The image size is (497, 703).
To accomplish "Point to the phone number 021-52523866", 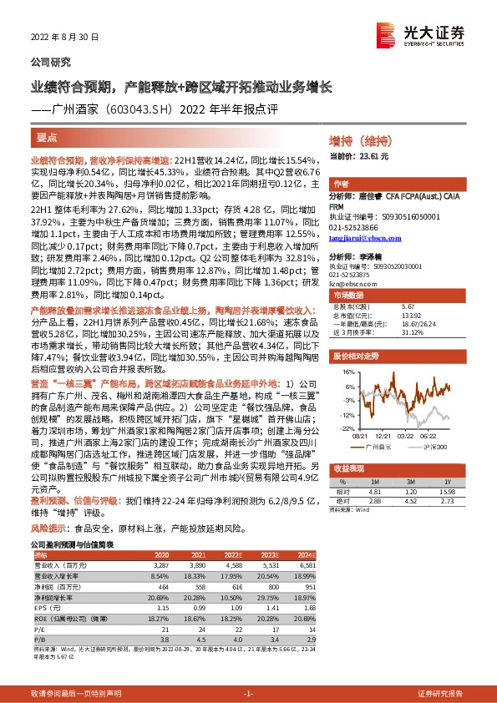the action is pyautogui.click(x=354, y=227).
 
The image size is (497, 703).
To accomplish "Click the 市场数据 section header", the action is pyautogui.click(x=350, y=296).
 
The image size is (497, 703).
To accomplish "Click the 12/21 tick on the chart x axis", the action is pyautogui.click(x=383, y=436).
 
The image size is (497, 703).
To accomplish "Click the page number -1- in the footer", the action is pyautogui.click(x=248, y=694).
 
